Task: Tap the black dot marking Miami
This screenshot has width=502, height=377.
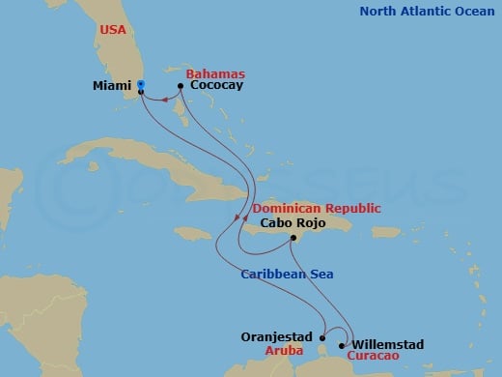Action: (x=141, y=92)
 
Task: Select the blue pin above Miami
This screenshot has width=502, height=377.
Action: (x=141, y=84)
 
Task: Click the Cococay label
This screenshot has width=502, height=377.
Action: (x=216, y=85)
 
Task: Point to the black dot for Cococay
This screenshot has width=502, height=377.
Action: (x=181, y=85)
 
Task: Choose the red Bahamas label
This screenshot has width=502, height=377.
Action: (x=216, y=73)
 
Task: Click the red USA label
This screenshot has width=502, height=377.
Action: (x=113, y=30)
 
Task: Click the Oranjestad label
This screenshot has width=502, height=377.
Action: (x=278, y=337)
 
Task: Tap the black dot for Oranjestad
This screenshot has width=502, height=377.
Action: (x=322, y=337)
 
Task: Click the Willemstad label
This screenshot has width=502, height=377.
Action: (x=388, y=343)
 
